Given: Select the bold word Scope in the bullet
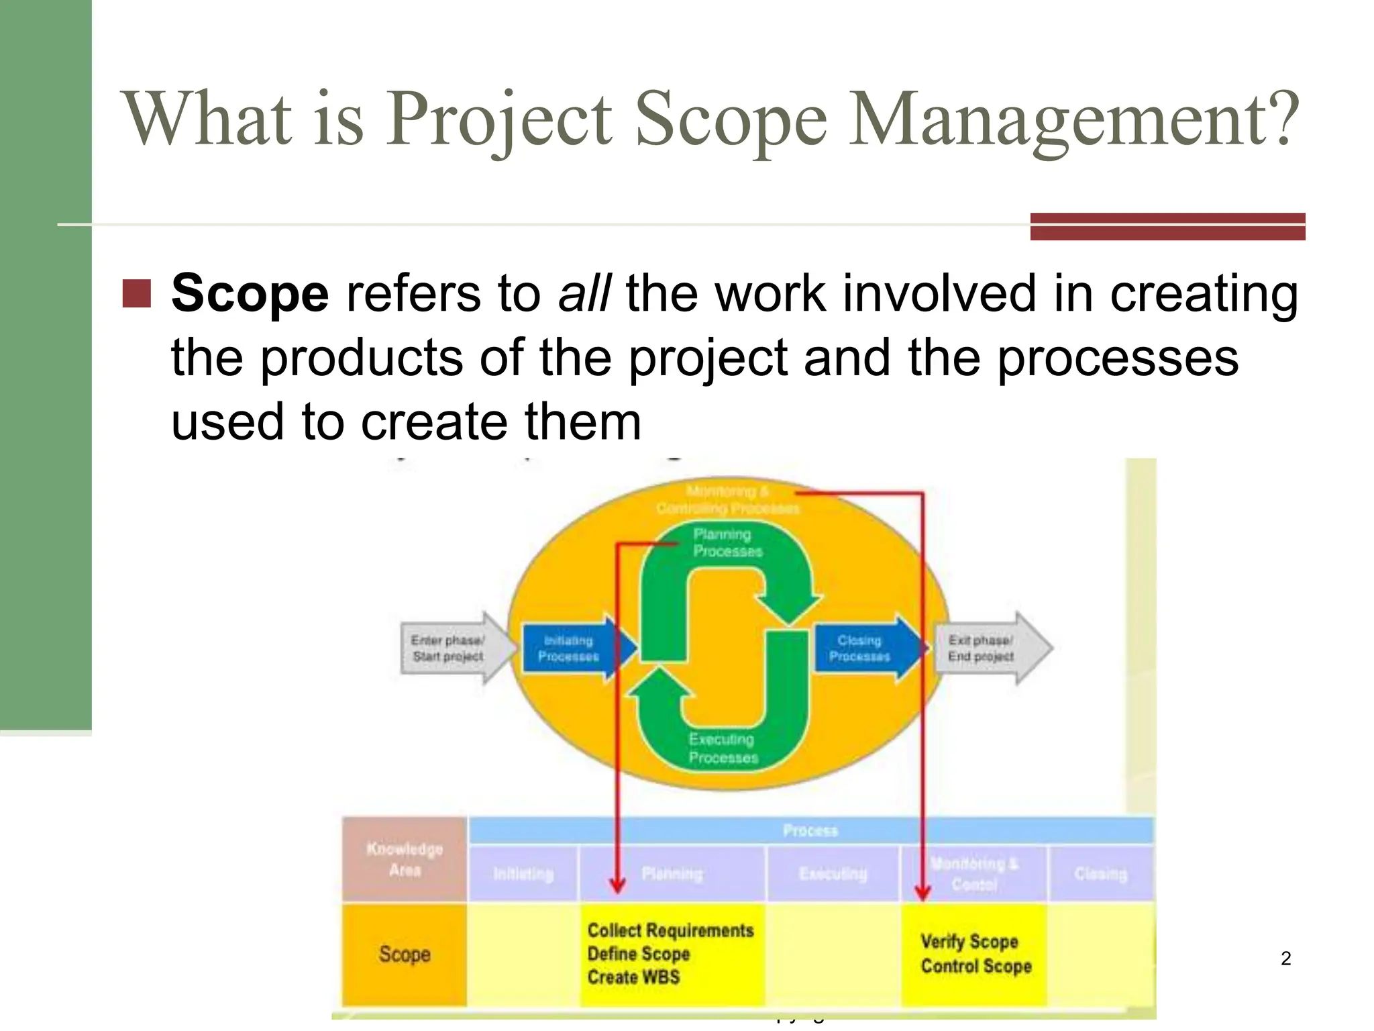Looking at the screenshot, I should coord(250,294).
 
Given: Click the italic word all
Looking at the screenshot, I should coord(584,294).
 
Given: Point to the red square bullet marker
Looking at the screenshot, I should coord(137,294).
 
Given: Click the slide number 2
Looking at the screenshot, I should coord(1285,959).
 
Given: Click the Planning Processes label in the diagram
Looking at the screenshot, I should coord(727,542).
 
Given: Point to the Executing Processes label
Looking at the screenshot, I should coord(723,748).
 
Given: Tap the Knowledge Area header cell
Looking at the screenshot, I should coord(405,860).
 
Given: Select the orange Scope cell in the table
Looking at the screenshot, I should coord(405,954).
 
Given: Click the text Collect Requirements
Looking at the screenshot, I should coord(670,930).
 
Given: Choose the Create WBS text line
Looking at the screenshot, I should coord(633,977).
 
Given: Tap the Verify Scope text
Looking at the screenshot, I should coord(969,942).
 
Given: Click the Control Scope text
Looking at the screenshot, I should coord(975,967).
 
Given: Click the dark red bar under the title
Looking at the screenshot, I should coord(1167,226).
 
